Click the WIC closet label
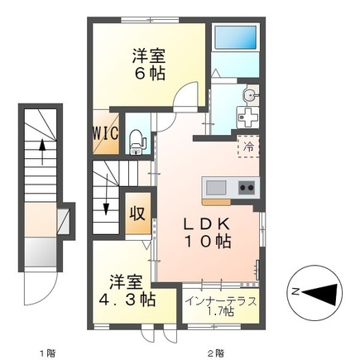106,132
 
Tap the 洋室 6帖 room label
149,65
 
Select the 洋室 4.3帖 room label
124,290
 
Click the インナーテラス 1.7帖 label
220,306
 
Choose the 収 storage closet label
137,210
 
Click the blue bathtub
235,40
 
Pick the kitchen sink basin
215,186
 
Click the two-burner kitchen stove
246,186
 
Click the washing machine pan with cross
246,119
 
